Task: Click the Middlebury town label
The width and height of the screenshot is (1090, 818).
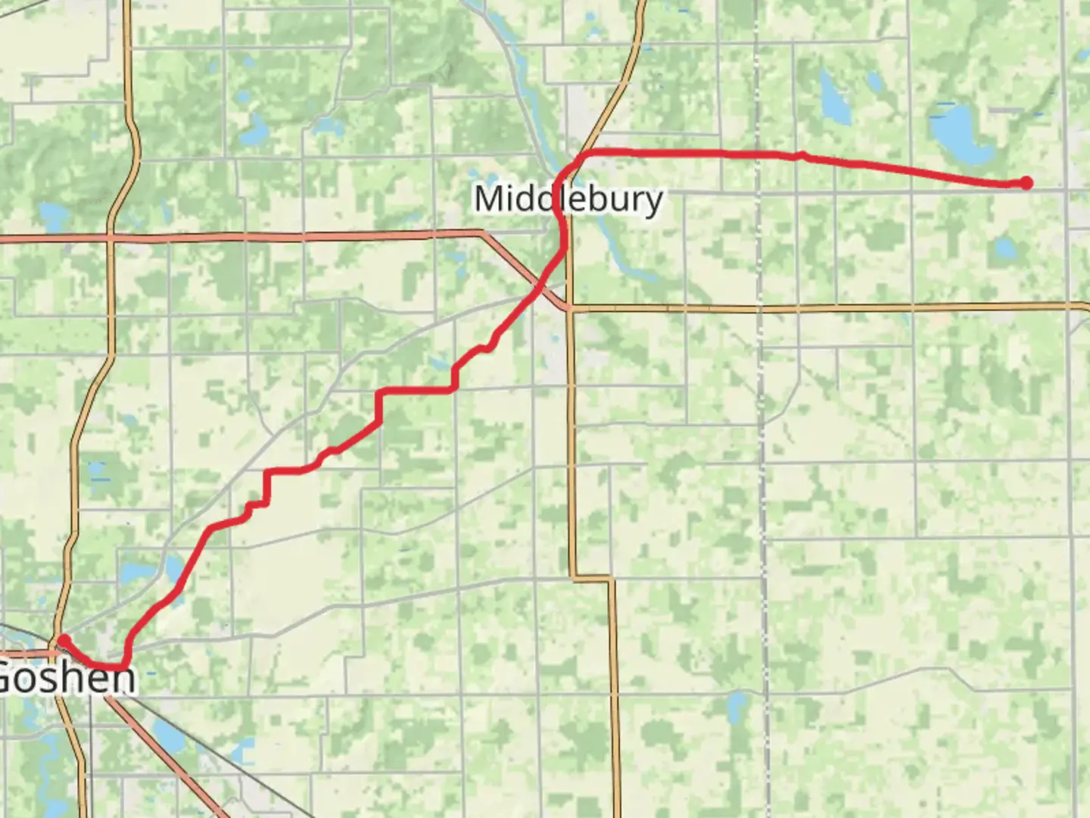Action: pyautogui.click(x=568, y=199)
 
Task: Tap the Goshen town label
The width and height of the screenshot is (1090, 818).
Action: pyautogui.click(x=67, y=676)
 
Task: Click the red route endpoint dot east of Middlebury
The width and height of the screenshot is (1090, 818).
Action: pyautogui.click(x=1026, y=183)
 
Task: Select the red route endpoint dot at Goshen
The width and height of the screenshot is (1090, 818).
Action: pyautogui.click(x=64, y=640)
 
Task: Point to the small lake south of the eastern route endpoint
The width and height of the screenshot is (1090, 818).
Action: pyautogui.click(x=1004, y=248)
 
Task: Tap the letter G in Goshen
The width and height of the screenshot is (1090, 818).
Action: pyautogui.click(x=9, y=676)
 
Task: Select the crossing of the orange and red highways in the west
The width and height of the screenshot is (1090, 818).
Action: pyautogui.click(x=111, y=238)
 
